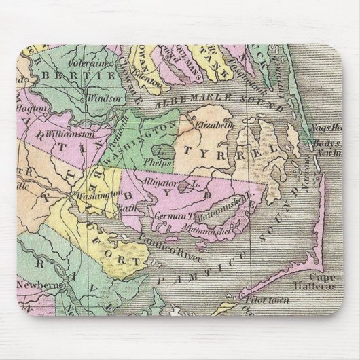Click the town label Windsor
(x=106, y=98)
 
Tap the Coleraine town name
(x=90, y=64)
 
